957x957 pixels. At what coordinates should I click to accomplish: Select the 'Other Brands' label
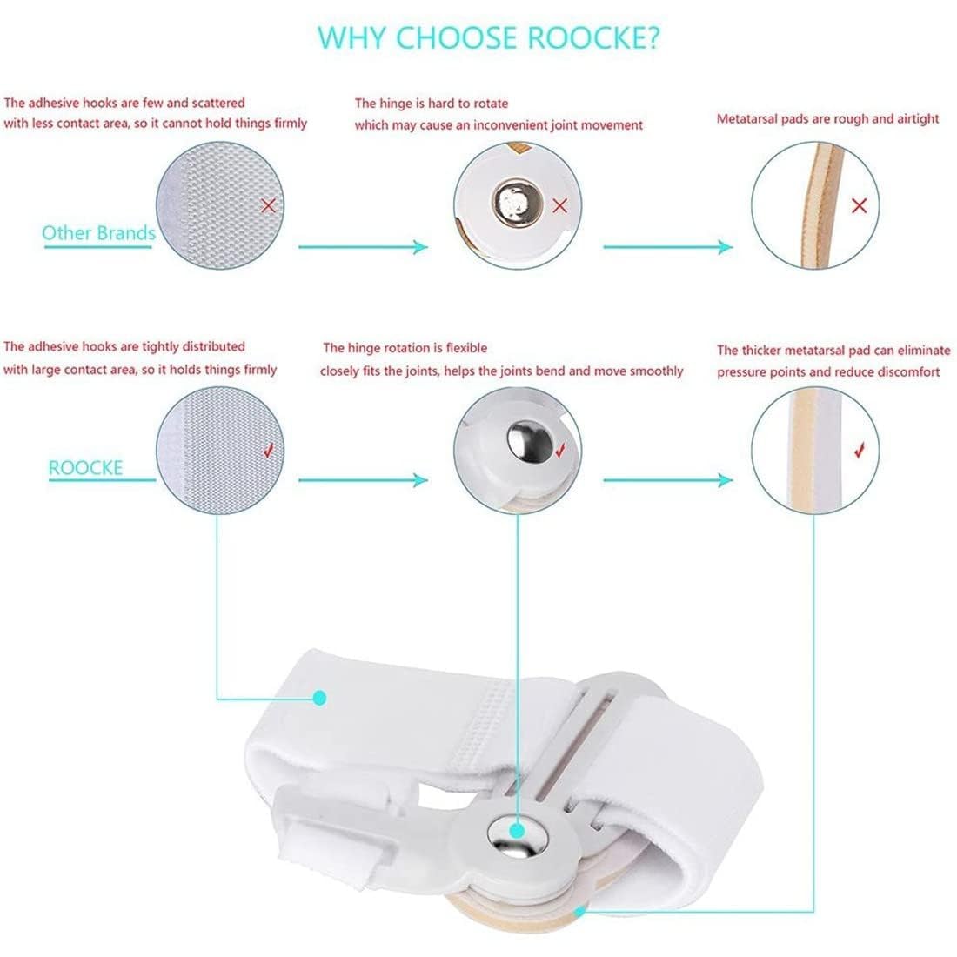pos(98,233)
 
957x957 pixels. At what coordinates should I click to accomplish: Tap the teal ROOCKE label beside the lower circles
pos(85,468)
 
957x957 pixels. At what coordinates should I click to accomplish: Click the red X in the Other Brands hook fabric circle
pos(268,205)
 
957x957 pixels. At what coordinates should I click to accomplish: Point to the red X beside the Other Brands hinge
pos(559,205)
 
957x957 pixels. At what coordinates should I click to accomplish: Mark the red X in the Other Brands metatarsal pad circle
pos(860,205)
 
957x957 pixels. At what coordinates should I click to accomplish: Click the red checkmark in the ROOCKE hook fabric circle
pos(269,451)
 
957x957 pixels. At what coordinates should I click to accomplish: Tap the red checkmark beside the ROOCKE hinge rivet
pos(560,451)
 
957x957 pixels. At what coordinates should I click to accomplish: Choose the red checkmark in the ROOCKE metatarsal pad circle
pos(860,451)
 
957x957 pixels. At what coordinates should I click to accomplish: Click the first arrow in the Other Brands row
pos(363,246)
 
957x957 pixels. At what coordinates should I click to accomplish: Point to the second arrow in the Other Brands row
pos(667,246)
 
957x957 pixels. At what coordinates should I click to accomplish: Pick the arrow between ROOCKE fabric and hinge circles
pos(363,479)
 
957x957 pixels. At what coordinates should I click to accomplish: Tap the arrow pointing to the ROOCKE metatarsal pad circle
pos(667,479)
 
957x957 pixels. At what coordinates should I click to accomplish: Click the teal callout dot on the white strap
pos(319,698)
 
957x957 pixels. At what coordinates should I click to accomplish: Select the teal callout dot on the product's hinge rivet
pos(517,831)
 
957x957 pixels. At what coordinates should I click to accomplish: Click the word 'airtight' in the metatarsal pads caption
pos(918,119)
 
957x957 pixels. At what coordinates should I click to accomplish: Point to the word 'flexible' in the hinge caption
pos(466,348)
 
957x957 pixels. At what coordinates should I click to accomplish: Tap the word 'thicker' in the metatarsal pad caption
pos(761,351)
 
